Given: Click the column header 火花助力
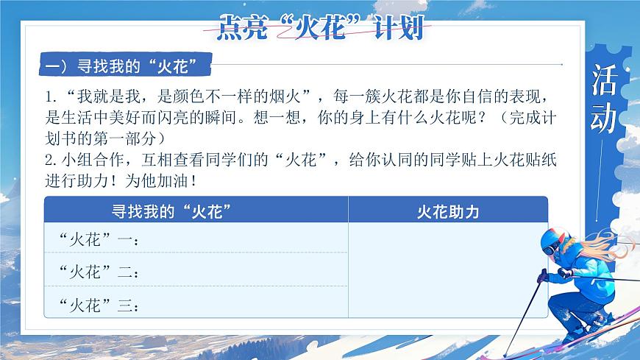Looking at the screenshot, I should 447,211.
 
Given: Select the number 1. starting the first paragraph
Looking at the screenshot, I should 51,97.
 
